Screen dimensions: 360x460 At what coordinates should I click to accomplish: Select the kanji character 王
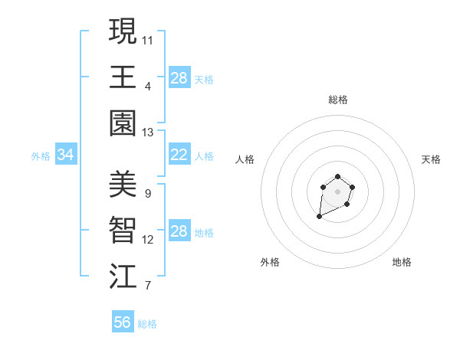(x=123, y=77)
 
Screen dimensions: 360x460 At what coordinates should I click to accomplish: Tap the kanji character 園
(x=123, y=123)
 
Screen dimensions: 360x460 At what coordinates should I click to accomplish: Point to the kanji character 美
(x=123, y=184)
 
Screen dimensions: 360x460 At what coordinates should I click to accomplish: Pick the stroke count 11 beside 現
(x=148, y=39)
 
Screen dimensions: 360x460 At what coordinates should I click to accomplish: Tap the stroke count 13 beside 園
(x=148, y=133)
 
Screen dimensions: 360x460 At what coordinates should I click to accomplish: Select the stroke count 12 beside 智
(x=148, y=240)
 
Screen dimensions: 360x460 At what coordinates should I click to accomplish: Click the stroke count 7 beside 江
(x=148, y=286)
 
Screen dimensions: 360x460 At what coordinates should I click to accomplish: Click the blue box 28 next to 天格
(x=179, y=78)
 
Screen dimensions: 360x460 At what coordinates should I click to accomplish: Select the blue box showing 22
(x=179, y=155)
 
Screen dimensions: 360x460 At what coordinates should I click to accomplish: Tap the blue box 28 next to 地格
(x=179, y=231)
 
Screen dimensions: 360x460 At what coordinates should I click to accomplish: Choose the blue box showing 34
(x=66, y=155)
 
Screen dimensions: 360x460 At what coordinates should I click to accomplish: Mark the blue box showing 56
(x=123, y=322)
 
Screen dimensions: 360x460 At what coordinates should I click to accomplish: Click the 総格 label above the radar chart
(x=337, y=100)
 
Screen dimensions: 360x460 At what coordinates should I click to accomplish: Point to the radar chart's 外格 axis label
(x=270, y=262)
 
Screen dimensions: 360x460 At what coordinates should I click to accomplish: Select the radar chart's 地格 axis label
(x=402, y=262)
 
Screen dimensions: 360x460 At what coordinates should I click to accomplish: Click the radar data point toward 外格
(x=319, y=217)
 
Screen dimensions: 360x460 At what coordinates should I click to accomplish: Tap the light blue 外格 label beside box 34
(x=41, y=156)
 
